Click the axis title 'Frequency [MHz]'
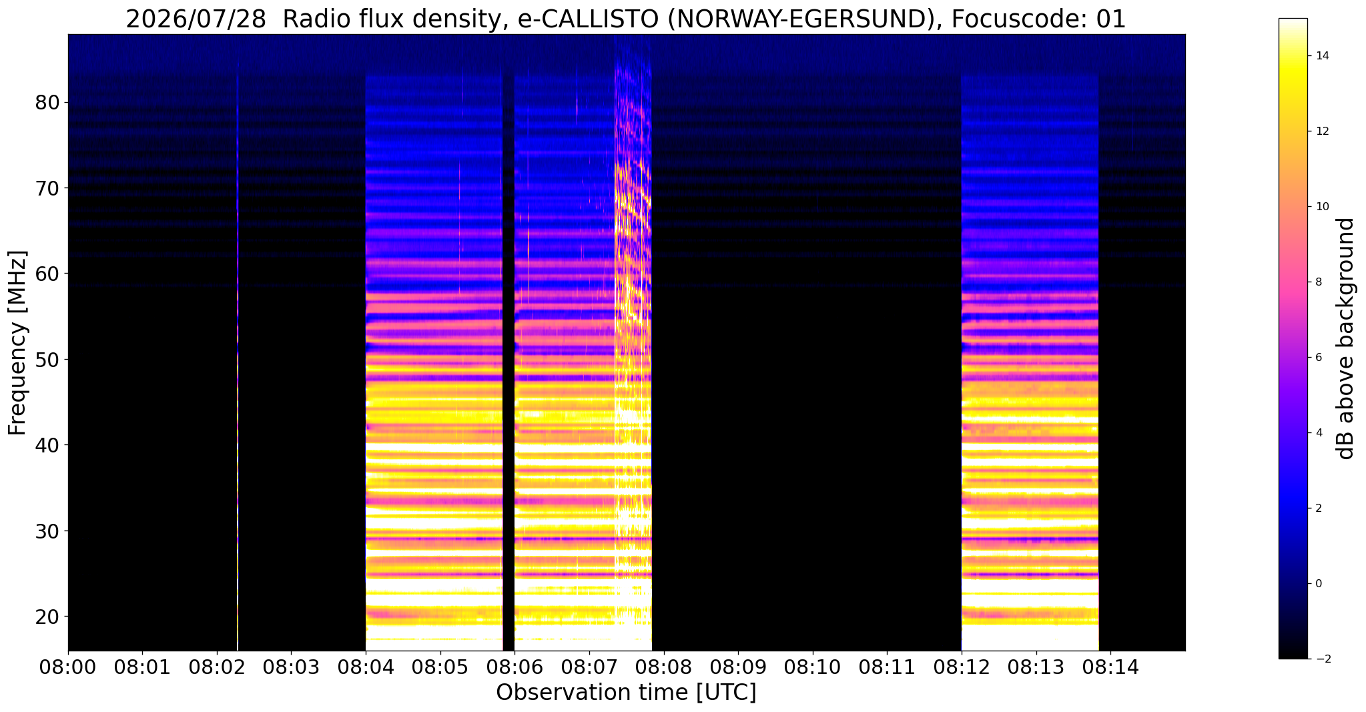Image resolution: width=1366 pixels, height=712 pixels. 18,343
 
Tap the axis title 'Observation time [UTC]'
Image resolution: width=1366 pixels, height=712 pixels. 626,693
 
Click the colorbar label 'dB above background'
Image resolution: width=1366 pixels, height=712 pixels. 1346,338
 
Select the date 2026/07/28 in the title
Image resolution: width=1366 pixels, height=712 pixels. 196,19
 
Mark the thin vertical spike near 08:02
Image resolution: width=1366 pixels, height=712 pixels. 238,354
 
